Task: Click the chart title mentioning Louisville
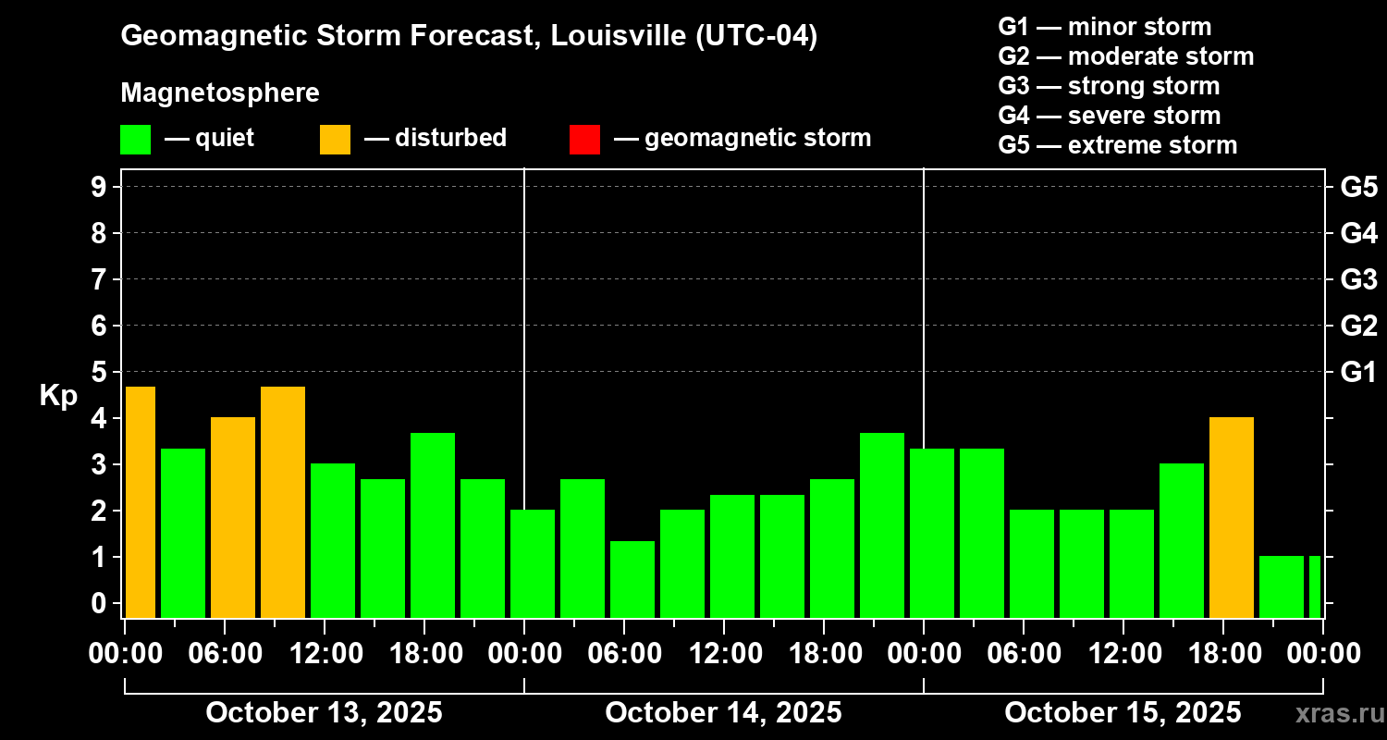pos(469,37)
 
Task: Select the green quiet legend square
pos(135,139)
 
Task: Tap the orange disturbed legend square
pos(335,139)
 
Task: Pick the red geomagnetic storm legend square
pos(584,139)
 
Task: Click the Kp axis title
pos(57,396)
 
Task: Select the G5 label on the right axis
pos(1358,187)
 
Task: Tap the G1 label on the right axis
pos(1358,372)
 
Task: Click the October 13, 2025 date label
pos(324,712)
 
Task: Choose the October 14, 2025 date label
pos(723,712)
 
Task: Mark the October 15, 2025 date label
pos(1123,712)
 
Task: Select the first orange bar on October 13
pos(140,501)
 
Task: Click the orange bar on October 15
pos(1231,517)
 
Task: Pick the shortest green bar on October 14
pos(632,579)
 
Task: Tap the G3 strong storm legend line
pos(1109,86)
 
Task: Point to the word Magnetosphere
pos(220,93)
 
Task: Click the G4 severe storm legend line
pos(1110,116)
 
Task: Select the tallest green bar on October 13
pos(433,524)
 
